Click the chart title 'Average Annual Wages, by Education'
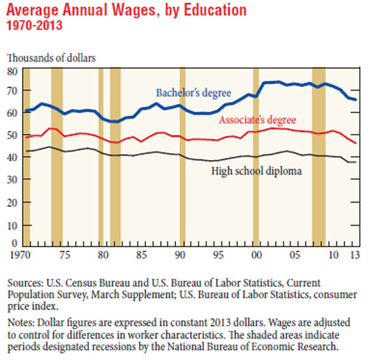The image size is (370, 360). [127, 10]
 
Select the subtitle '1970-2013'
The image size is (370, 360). [34, 25]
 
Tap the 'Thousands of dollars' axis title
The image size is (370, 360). [51, 58]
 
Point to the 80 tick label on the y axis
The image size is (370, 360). [12, 71]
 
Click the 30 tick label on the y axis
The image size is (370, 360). [12, 180]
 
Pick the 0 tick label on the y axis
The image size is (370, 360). [14, 243]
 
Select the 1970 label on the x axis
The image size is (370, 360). [21, 255]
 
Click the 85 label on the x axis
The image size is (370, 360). [141, 255]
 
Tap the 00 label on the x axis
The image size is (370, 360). [256, 255]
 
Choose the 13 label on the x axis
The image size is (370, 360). [355, 255]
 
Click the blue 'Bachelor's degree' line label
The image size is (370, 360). [193, 93]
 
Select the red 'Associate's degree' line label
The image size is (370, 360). [258, 120]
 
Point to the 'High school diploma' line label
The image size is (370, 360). [256, 171]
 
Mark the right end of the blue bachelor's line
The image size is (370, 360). [356, 100]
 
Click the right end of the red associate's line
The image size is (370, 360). [356, 143]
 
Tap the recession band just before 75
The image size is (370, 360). [57, 157]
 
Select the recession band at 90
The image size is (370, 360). [182, 157]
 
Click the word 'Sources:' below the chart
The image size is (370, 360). [25, 283]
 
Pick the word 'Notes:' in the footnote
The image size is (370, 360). [21, 322]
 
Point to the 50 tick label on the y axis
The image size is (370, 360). [12, 135]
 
